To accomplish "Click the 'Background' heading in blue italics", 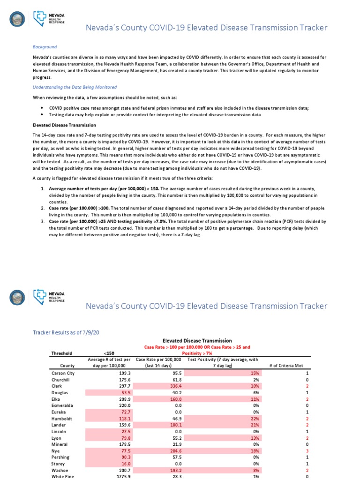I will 45,47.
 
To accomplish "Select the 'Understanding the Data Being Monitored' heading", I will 75,87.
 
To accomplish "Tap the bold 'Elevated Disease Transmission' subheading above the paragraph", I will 64,125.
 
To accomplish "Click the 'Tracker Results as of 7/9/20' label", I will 65,332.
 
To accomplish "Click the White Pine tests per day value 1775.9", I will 115,476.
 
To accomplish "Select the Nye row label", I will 55,450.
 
